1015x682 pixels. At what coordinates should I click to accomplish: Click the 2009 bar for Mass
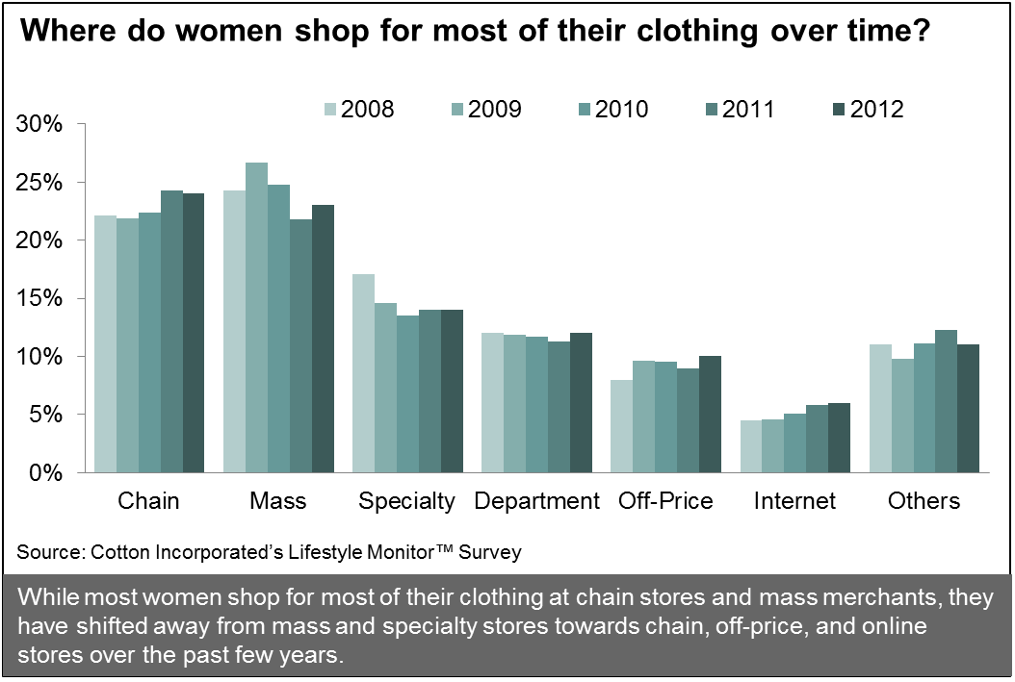(x=256, y=317)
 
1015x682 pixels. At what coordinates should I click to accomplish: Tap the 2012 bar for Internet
(x=840, y=438)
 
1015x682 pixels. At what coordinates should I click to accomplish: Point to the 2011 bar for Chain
(x=171, y=331)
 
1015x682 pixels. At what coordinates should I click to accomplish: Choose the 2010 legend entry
(x=615, y=109)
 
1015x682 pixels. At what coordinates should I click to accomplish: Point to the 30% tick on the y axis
(x=40, y=124)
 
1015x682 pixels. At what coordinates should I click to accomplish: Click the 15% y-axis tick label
(x=40, y=298)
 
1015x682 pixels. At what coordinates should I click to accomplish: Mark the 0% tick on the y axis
(x=46, y=472)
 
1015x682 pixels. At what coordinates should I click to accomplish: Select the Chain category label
(x=148, y=501)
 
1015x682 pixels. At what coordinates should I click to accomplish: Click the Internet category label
(x=795, y=501)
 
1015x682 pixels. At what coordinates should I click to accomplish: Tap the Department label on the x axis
(x=536, y=501)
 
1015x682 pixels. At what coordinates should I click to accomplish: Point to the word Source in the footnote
(x=48, y=552)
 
